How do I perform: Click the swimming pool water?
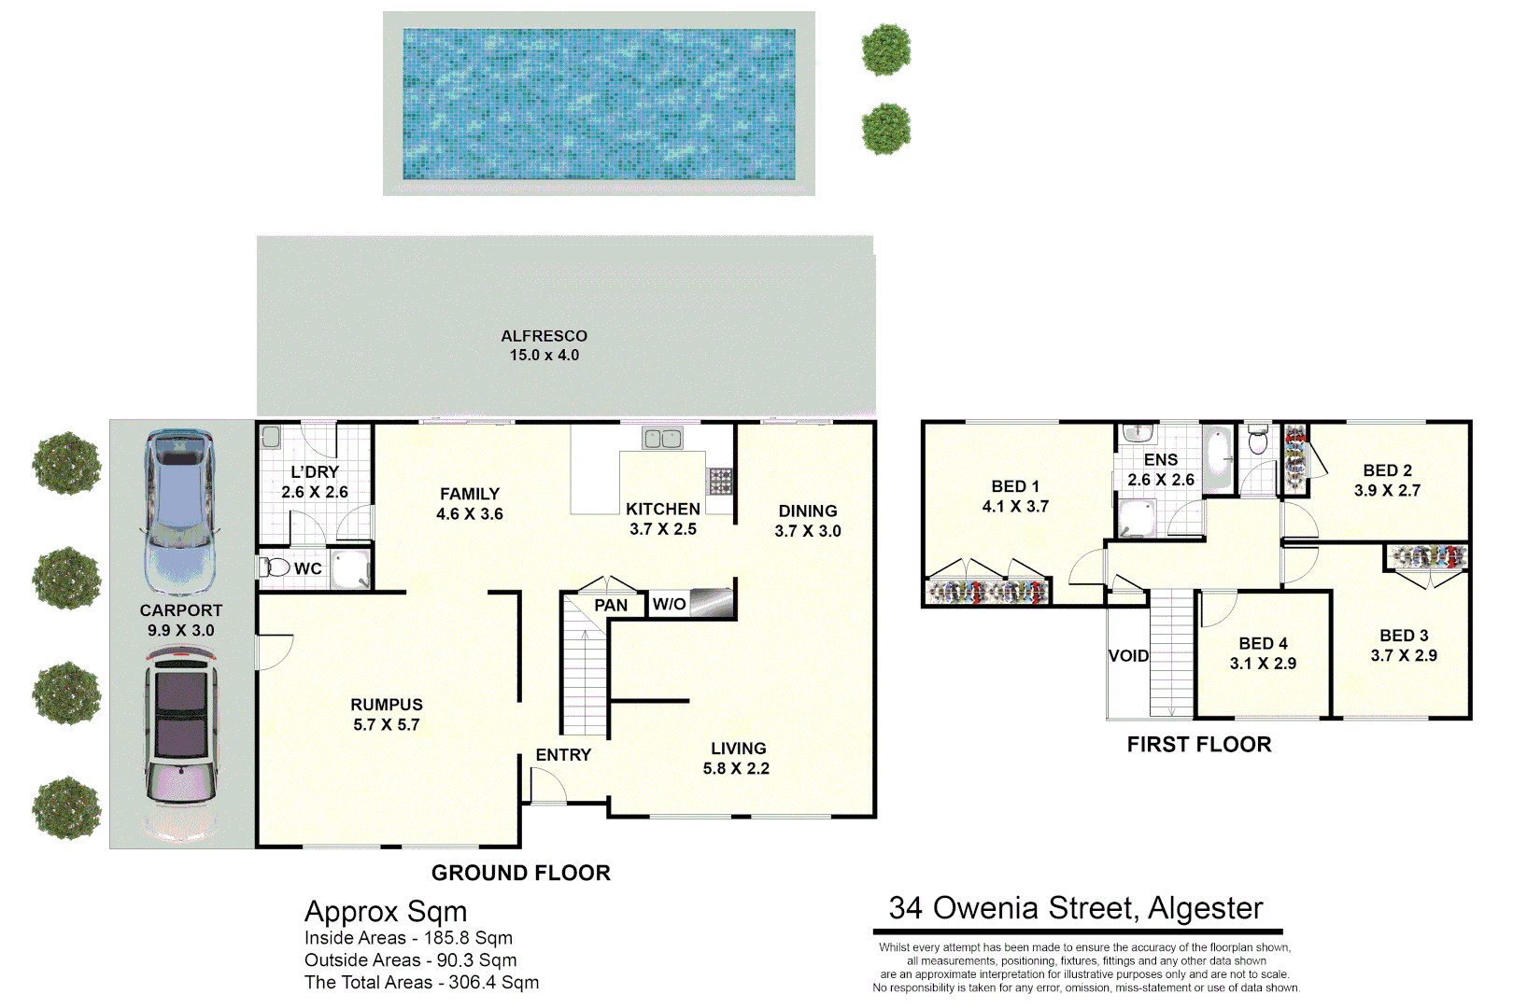(x=599, y=104)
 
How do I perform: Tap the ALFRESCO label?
(x=544, y=336)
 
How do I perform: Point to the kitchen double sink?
(x=662, y=438)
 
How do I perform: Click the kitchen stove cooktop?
(x=720, y=481)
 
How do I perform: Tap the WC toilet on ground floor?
(x=276, y=567)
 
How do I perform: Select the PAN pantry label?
(x=611, y=606)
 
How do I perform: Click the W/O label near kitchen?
(x=669, y=604)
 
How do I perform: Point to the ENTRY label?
(x=563, y=754)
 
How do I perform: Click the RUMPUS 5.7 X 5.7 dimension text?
(x=387, y=725)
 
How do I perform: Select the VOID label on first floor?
(x=1128, y=656)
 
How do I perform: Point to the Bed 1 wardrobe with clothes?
(x=987, y=592)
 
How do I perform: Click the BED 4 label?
(x=1263, y=644)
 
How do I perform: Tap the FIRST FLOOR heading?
(x=1199, y=745)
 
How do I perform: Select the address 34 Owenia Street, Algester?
(x=1076, y=908)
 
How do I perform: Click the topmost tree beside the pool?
(x=885, y=49)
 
